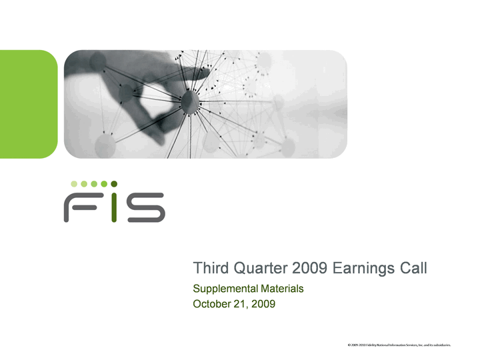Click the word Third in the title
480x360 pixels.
tap(211, 268)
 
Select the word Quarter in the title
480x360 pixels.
tap(261, 269)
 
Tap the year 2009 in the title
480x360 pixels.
tap(310, 268)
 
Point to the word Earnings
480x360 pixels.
tap(364, 269)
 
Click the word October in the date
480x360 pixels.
tap(212, 304)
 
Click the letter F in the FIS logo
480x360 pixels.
tap(80, 207)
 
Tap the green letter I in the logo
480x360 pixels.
tap(114, 207)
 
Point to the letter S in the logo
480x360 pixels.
tap(146, 207)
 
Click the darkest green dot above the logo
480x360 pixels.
tap(114, 184)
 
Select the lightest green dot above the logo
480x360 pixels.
tap(74, 184)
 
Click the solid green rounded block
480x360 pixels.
tap(29, 104)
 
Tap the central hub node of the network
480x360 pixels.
tap(190, 101)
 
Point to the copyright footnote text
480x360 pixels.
tap(399, 345)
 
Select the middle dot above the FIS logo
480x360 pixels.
tap(94, 184)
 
